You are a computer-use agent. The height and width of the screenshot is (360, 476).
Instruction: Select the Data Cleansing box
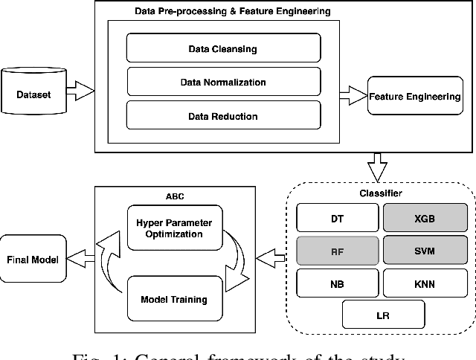[x=223, y=49]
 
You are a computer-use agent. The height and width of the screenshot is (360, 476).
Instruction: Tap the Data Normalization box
[x=223, y=82]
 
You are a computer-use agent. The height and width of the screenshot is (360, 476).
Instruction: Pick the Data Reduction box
[x=223, y=115]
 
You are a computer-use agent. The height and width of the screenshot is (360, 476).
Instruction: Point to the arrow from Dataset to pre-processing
[x=83, y=92]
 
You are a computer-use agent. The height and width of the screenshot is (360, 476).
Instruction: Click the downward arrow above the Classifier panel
[x=380, y=165]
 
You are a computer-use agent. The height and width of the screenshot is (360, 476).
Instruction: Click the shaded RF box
[x=337, y=251]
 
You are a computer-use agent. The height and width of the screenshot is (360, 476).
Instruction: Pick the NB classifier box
[x=337, y=283]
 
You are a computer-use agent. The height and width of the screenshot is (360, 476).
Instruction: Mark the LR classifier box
[x=382, y=314]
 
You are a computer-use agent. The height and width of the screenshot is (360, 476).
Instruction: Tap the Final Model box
[x=33, y=259]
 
